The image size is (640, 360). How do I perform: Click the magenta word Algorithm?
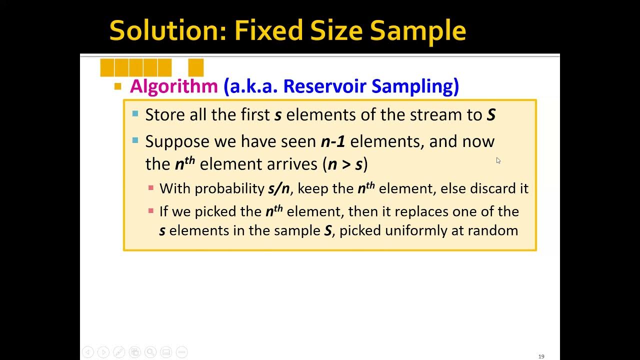click(x=173, y=86)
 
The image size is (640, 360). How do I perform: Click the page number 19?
click(x=541, y=356)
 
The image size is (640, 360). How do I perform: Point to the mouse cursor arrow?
click(x=498, y=160)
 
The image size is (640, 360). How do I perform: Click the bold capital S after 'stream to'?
click(x=491, y=115)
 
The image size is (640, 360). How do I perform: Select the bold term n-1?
click(x=333, y=141)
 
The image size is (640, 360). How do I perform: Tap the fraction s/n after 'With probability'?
click(x=278, y=188)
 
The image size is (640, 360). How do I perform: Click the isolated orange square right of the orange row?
click(x=196, y=67)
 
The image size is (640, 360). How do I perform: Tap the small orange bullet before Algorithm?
click(x=118, y=86)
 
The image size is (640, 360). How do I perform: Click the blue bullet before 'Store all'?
click(x=135, y=114)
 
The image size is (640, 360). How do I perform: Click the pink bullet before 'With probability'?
click(x=151, y=188)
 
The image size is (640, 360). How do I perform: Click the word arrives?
click(x=296, y=164)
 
